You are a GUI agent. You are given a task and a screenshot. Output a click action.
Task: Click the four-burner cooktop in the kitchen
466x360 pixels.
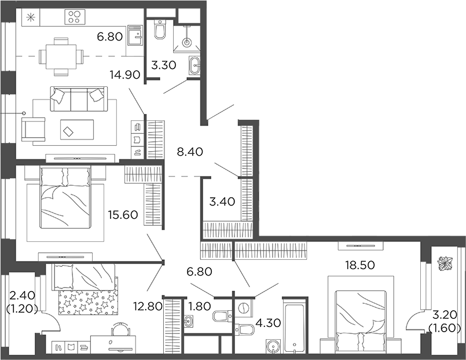click(x=75, y=17)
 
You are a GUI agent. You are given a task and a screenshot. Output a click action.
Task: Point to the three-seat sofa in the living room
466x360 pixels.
click(x=77, y=99)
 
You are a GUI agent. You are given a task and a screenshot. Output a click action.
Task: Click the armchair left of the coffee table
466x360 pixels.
click(x=34, y=127)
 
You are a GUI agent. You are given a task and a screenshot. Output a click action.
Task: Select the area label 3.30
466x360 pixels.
click(x=164, y=66)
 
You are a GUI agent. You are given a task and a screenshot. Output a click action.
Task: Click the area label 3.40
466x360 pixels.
click(x=222, y=202)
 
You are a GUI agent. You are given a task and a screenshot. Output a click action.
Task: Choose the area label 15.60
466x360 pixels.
click(x=122, y=215)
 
